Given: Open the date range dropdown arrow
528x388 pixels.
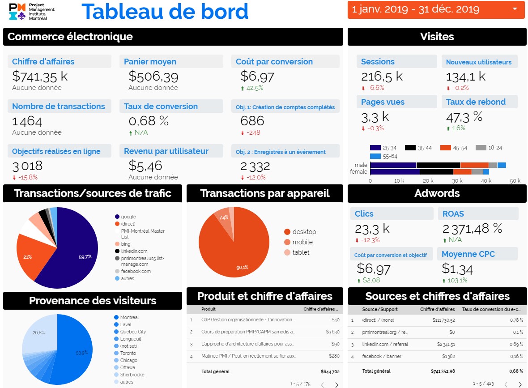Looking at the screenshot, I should click(515, 9).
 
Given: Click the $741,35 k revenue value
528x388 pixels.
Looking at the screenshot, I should click(39, 76).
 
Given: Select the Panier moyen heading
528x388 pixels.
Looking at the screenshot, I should click(150, 62).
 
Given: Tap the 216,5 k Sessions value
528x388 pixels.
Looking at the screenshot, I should click(382, 76).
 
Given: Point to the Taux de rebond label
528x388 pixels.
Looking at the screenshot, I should click(476, 102).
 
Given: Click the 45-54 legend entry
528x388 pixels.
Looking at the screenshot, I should click(454, 148).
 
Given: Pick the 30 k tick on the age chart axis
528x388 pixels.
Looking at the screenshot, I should click(457, 181).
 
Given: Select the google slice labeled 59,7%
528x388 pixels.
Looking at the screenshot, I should click(72, 251).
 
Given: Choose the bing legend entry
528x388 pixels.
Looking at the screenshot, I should click(125, 244).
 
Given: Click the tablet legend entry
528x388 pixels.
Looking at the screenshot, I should click(301, 252).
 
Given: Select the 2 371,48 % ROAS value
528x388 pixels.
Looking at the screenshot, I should click(472, 229).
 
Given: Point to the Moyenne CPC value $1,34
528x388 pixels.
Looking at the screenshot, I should click(457, 269).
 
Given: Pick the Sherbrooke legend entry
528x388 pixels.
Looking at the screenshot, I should click(132, 375).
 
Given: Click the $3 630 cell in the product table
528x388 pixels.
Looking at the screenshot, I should click(332, 332).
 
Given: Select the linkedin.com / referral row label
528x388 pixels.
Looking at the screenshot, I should click(385, 344).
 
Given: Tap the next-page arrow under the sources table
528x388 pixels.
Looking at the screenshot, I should click(519, 384).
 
